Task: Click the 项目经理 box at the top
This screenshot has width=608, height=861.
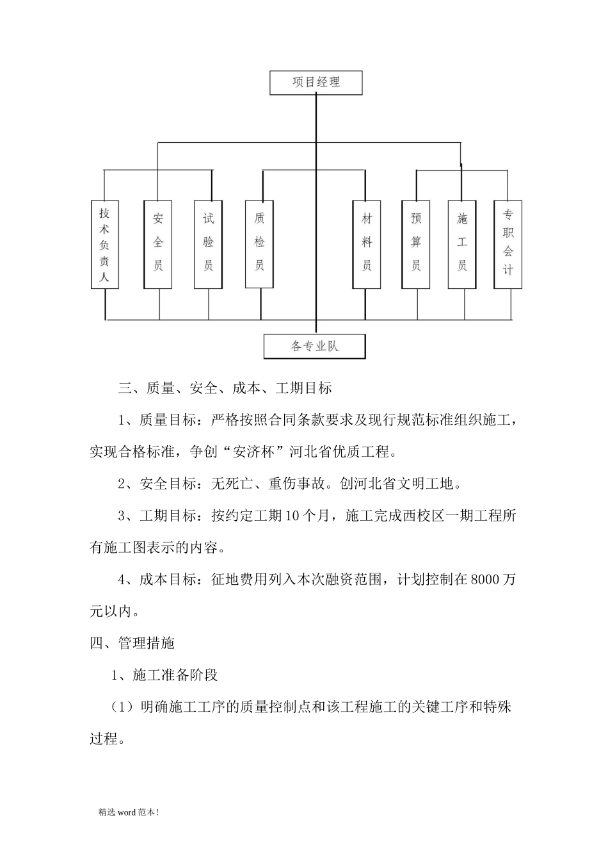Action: [x=316, y=83]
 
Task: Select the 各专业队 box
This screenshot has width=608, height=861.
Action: [x=315, y=347]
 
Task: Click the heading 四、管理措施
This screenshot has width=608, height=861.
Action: [x=132, y=643]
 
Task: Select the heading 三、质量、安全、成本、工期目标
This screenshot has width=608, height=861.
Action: [x=225, y=388]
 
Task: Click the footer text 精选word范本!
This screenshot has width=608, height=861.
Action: [x=129, y=812]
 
